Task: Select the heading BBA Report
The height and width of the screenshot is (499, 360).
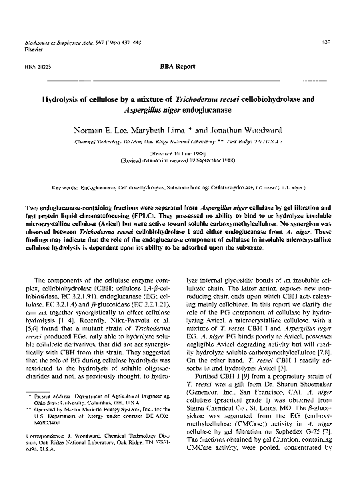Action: point(179,67)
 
